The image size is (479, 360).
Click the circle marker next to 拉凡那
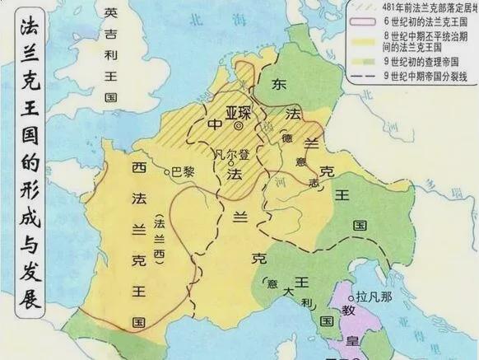pyautogui.click(x=353, y=296)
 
